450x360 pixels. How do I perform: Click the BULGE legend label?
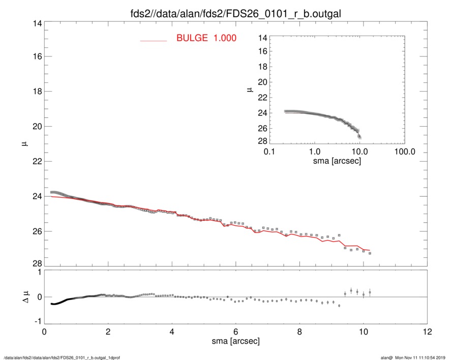click(206, 38)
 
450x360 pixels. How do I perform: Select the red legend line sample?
click(153, 40)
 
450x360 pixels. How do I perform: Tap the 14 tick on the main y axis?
click(36, 23)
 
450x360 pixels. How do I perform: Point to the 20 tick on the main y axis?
click(36, 127)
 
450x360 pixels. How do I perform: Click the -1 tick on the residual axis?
click(36, 322)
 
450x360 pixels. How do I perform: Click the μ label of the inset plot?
click(250, 89)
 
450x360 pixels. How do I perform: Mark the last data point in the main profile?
click(370, 253)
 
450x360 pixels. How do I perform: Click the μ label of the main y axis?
click(23, 144)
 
